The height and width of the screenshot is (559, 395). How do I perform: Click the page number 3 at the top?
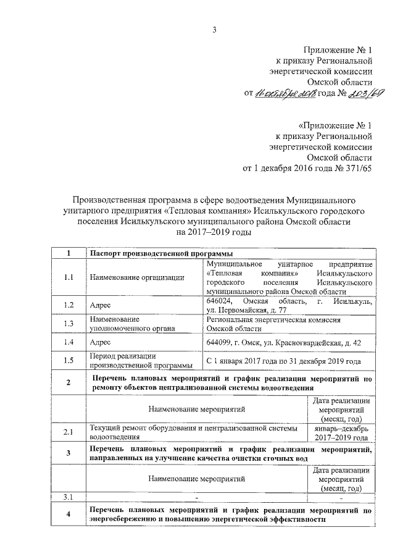click(215, 29)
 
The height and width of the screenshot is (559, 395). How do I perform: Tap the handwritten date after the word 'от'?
click(286, 93)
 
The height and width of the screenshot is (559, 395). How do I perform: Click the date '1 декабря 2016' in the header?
click(281, 168)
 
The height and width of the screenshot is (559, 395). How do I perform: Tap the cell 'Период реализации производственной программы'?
click(137, 360)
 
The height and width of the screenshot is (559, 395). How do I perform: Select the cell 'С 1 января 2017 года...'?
click(283, 360)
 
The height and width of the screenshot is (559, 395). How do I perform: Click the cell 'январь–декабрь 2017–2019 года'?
click(340, 432)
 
